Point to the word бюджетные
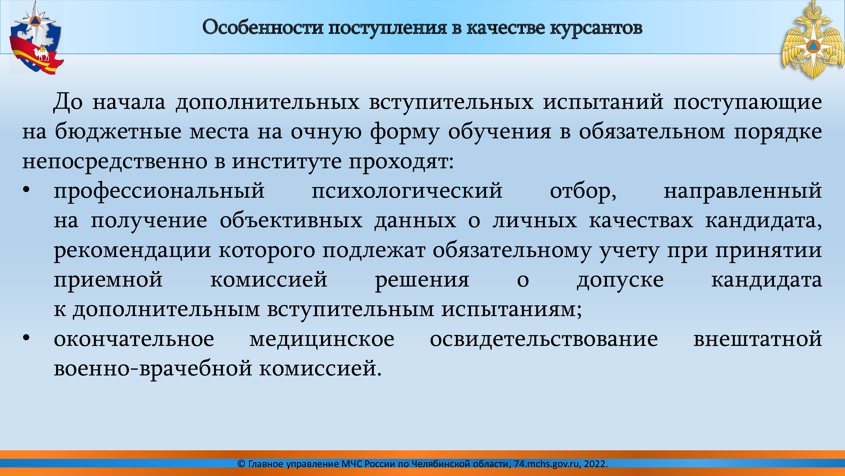click(118, 131)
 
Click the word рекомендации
click(132, 250)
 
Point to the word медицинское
click(322, 339)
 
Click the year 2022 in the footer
click(594, 464)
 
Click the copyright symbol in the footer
click(241, 464)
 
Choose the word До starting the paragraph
click(67, 102)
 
